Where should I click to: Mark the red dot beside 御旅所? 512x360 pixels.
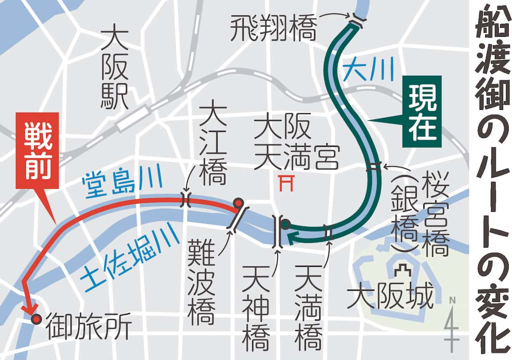(36, 319)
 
